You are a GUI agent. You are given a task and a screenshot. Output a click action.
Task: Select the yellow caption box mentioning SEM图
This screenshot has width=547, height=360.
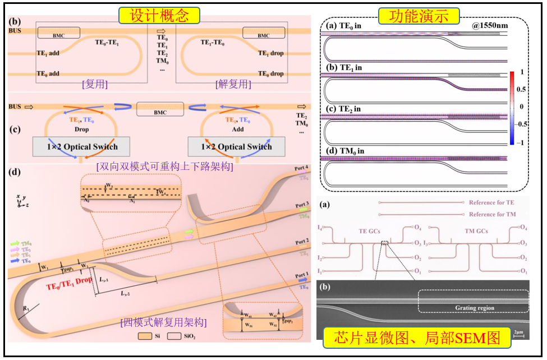point(417,338)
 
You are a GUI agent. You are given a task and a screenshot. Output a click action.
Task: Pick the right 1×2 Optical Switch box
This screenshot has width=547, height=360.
point(236,147)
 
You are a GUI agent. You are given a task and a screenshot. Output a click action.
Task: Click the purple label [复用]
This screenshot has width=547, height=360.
point(95,85)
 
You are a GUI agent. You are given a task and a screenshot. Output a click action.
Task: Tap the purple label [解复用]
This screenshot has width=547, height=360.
point(232,85)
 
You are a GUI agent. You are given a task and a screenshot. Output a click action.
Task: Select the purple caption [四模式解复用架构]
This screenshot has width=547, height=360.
point(163,322)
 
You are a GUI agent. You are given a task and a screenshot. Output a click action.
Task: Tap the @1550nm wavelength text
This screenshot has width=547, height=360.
point(491,26)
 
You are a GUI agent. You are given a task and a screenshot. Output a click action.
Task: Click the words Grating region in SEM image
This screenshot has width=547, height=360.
point(472,308)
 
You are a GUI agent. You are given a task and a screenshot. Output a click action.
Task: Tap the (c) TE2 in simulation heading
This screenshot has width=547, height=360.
point(344,109)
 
